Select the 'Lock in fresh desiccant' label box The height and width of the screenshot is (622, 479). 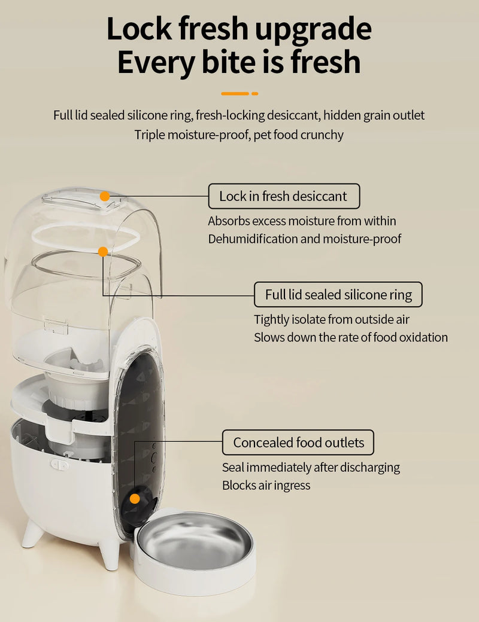(x=284, y=196)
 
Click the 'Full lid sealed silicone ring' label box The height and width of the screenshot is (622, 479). (x=338, y=295)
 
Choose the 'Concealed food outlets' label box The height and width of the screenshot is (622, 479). (x=298, y=443)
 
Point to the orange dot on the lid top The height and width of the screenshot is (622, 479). (x=105, y=196)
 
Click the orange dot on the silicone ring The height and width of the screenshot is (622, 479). (x=103, y=252)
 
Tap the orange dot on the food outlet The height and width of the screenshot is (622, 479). (x=135, y=498)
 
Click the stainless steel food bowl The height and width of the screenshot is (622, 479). (x=194, y=544)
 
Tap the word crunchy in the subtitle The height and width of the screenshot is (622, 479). (x=322, y=135)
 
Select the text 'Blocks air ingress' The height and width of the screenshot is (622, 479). (x=266, y=485)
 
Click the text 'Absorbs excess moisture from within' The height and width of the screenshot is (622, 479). (x=302, y=221)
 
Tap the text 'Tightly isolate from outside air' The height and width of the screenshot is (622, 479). (x=331, y=319)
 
